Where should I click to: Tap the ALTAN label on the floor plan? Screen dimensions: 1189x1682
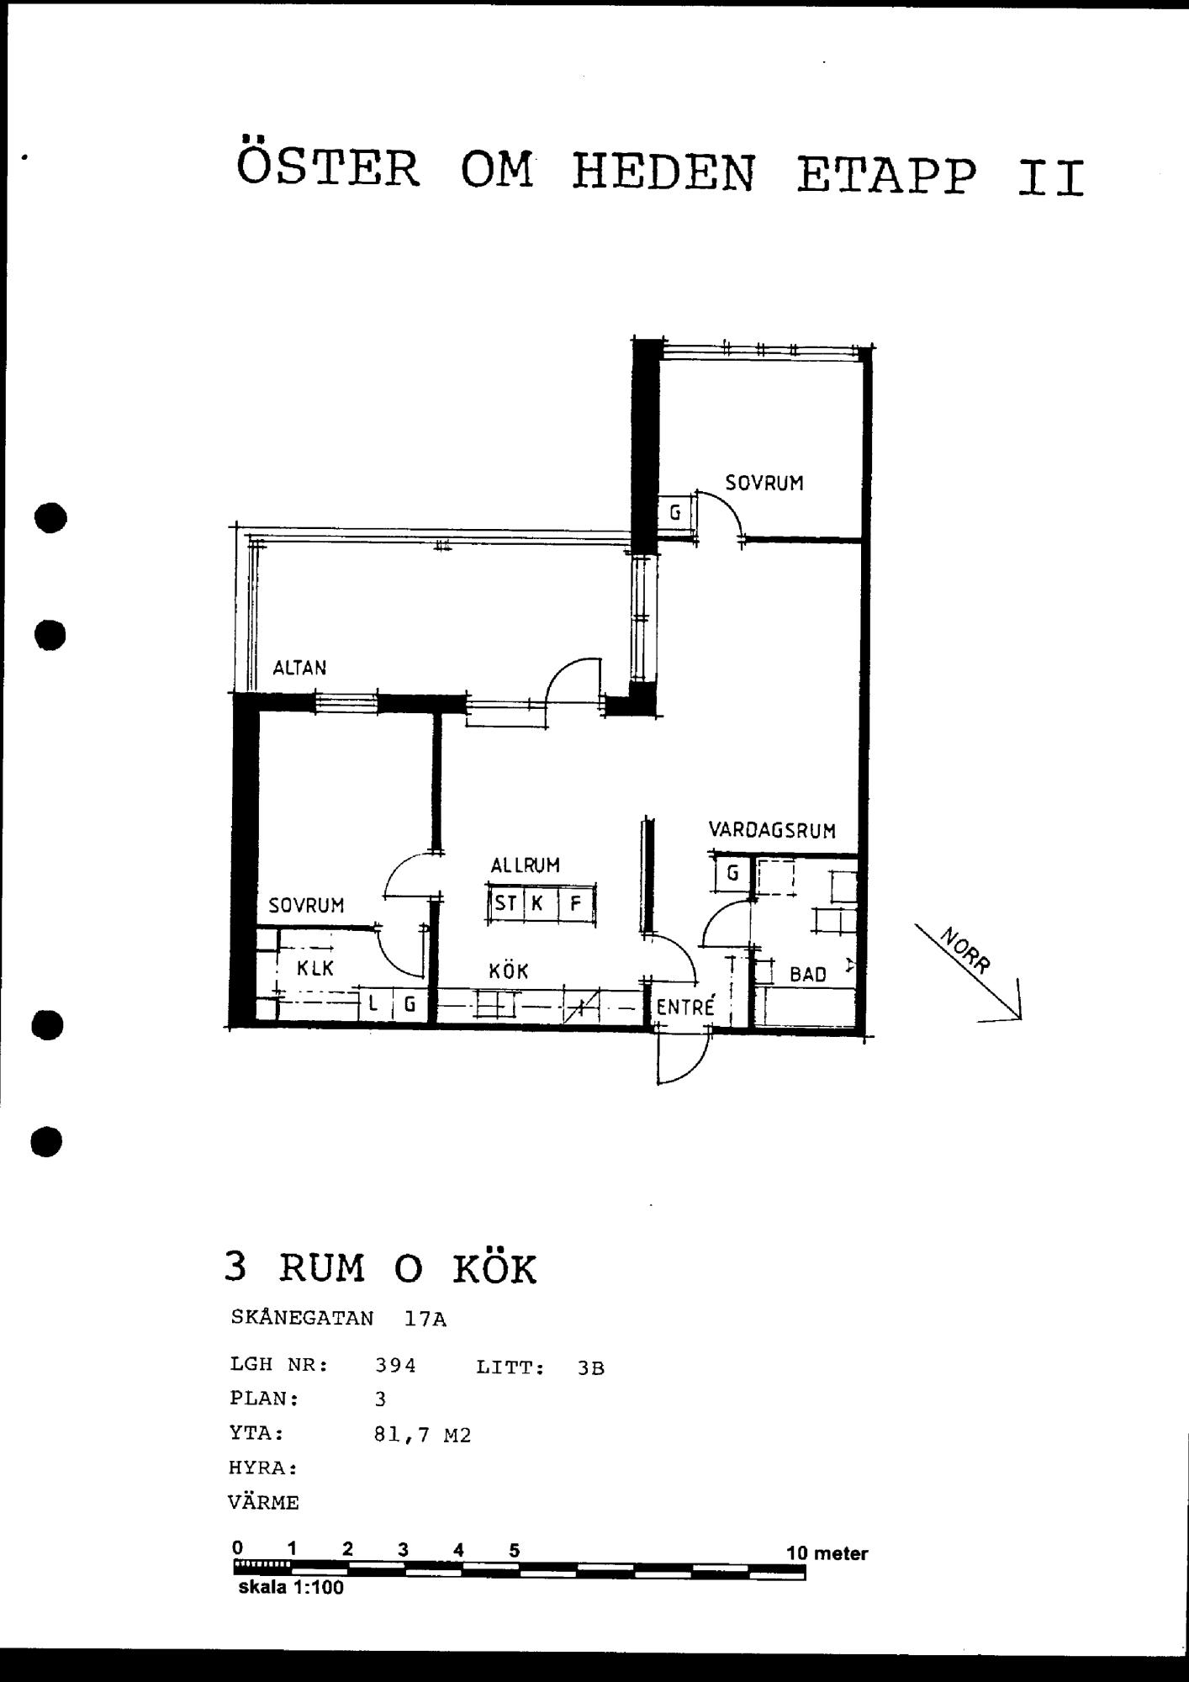pos(299,668)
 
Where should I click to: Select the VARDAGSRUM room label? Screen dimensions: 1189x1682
pos(772,831)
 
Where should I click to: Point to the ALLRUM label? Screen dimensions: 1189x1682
pos(526,865)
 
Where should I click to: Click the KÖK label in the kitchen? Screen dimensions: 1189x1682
pos(509,971)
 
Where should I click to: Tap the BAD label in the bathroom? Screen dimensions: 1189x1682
pos(808,975)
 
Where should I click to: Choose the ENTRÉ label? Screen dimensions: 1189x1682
pos(685,1006)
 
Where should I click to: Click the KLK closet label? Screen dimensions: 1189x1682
pos(315,969)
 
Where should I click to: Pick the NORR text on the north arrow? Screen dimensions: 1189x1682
pos(966,949)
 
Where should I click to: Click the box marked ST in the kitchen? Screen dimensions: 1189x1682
pos(506,904)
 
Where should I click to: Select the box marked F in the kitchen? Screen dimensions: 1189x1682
pos(576,904)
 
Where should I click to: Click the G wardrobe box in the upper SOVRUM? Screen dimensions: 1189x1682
pos(675,512)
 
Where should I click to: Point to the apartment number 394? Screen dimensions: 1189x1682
pos(395,1365)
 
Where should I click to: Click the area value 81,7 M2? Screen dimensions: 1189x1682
pos(422,1435)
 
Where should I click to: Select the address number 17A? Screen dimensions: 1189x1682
pos(425,1319)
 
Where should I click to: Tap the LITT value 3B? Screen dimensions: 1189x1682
pos(591,1368)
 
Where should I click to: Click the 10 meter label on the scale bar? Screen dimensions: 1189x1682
pos(827,1553)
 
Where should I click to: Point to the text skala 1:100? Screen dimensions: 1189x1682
pos(291,1588)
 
